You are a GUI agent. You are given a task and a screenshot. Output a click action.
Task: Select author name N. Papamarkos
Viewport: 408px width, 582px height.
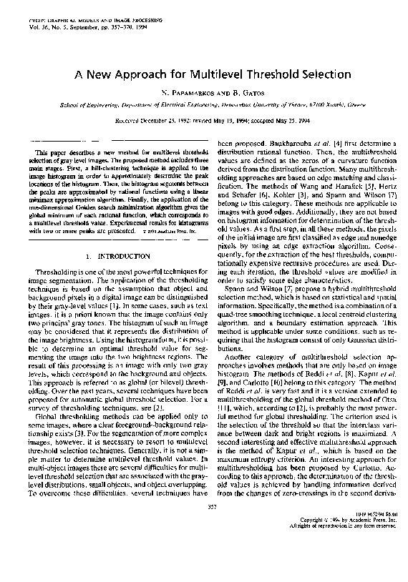coord(182,94)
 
